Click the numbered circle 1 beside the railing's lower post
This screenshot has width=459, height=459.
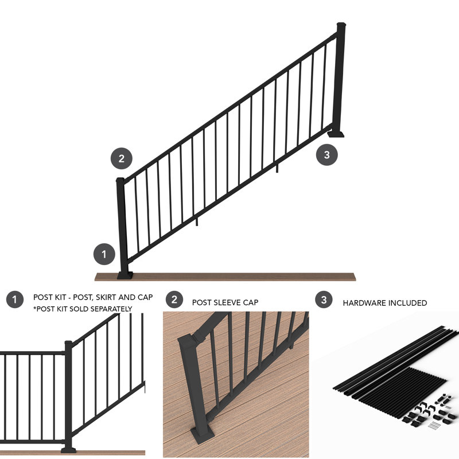104,253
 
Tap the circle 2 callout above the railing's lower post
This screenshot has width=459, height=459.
121,158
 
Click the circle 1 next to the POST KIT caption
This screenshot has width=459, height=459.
14,299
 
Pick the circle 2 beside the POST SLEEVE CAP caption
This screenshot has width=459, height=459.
174,299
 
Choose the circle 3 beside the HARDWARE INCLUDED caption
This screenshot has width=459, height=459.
324,299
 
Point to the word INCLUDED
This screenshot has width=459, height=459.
409,303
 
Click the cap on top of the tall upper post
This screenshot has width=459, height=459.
341,25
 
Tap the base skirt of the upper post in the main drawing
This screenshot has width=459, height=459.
337,134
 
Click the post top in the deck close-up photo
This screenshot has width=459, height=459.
188,341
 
